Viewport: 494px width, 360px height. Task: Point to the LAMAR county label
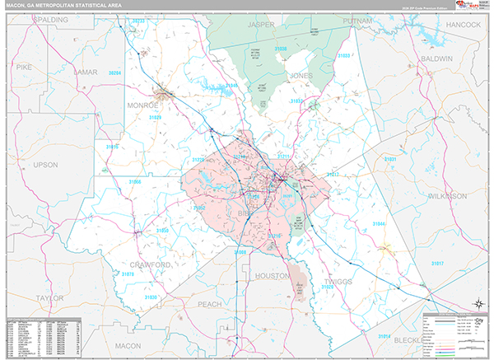(86, 72)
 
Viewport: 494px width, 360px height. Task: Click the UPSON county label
(45, 165)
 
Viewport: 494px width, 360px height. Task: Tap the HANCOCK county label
(464, 26)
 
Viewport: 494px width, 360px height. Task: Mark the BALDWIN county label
(436, 60)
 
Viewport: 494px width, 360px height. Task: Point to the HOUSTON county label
(260, 278)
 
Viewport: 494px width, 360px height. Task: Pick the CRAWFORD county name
(150, 264)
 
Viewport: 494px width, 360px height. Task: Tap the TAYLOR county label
(49, 299)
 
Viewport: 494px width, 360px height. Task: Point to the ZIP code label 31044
(378, 223)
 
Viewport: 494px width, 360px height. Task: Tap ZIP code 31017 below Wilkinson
(438, 263)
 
